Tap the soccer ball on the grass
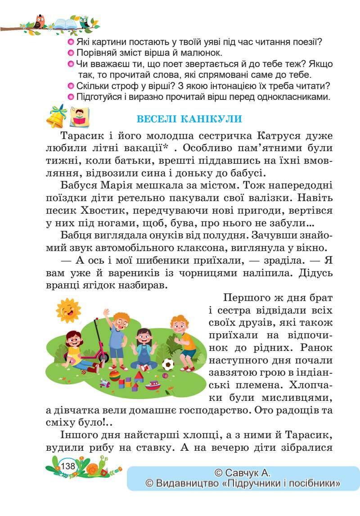(168, 363)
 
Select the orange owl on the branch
(40, 21)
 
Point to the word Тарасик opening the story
(80, 136)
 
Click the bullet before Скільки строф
(70, 85)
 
